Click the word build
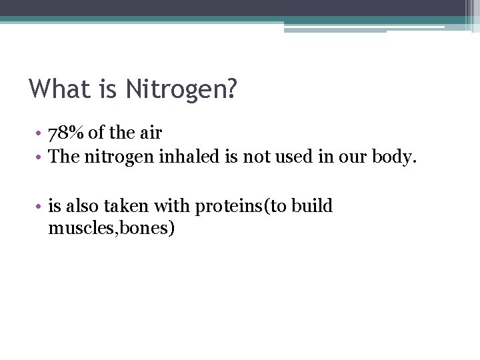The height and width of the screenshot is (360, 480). (311, 207)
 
